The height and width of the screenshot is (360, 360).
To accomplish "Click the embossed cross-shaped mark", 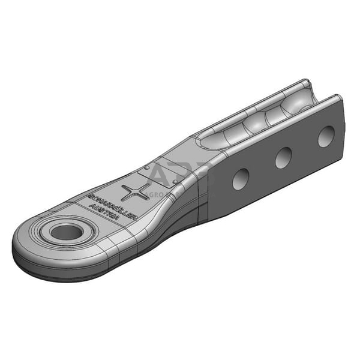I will pyautogui.click(x=134, y=193).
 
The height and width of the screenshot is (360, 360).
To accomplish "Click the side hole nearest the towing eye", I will pyautogui.click(x=241, y=179).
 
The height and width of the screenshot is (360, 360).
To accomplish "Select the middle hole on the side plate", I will pyautogui.click(x=283, y=157).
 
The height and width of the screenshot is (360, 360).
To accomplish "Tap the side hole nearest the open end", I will pyautogui.click(x=326, y=136).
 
